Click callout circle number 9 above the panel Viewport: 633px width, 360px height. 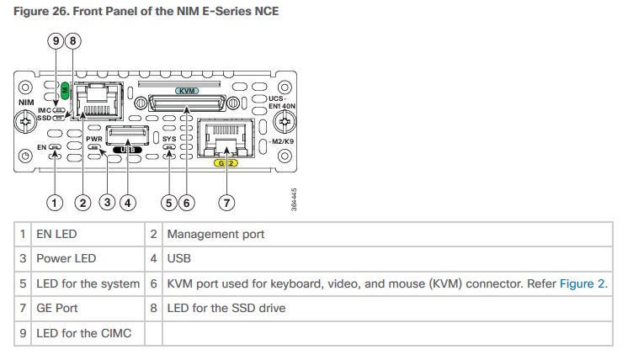[56, 40]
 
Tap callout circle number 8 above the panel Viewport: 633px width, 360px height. [73, 40]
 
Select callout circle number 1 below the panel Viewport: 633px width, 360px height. [55, 202]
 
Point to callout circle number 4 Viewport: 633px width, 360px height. [127, 202]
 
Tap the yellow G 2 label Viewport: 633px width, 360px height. [225, 162]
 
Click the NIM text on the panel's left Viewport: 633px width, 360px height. [25, 102]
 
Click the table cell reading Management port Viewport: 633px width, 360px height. [215, 234]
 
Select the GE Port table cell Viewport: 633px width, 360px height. [57, 308]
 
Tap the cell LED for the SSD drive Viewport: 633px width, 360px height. [226, 308]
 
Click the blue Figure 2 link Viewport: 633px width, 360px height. [582, 283]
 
